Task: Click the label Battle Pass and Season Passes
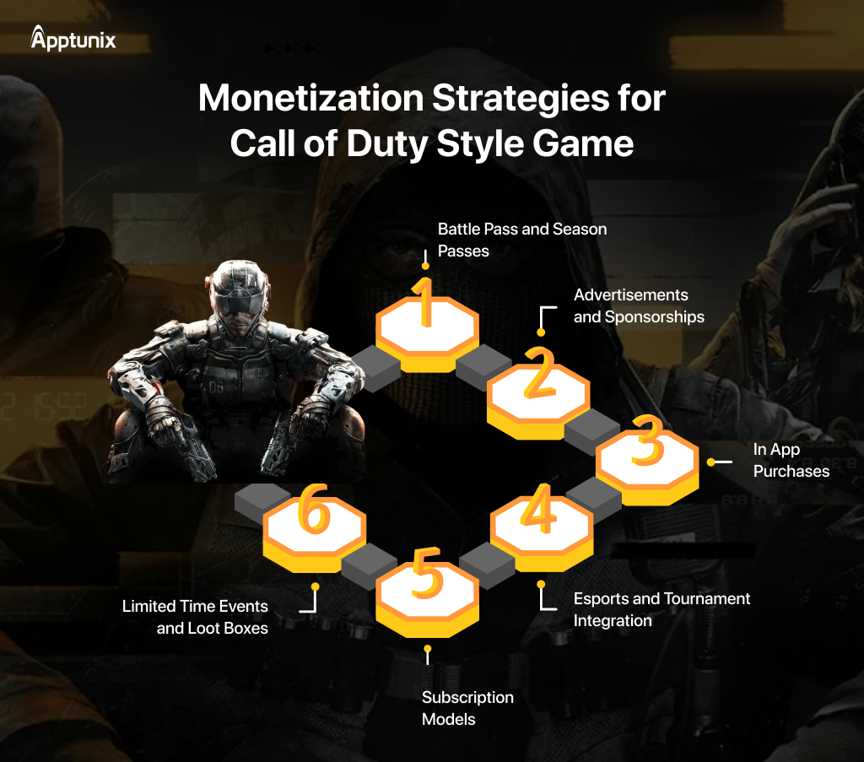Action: tap(521, 240)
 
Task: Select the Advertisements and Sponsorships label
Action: tap(638, 305)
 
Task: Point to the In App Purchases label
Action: tap(791, 460)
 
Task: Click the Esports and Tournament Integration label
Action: tap(661, 609)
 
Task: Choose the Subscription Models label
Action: tap(467, 708)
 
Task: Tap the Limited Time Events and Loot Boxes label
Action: tap(196, 616)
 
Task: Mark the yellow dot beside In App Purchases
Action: tap(711, 462)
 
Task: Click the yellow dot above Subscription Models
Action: tap(428, 649)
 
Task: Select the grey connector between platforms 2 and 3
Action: tap(591, 429)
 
